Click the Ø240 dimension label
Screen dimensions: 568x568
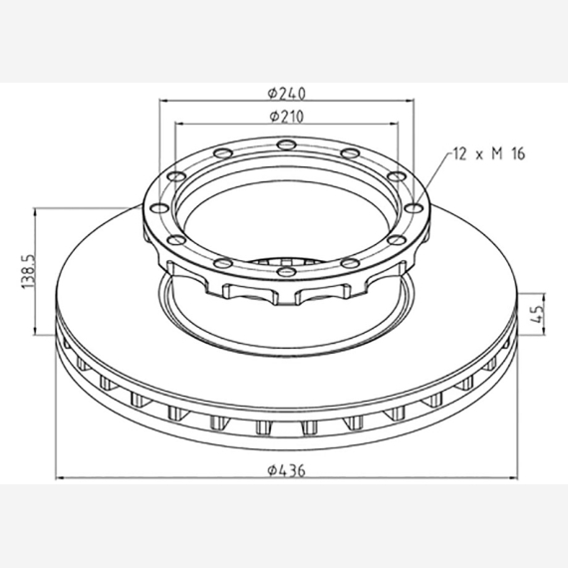[x=287, y=94]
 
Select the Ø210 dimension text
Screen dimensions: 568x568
[x=287, y=117]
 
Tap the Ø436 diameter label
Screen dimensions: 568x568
[x=287, y=470]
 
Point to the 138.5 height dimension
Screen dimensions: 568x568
[x=29, y=271]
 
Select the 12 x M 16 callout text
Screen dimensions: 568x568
[x=489, y=153]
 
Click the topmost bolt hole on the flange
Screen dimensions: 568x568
[x=286, y=144]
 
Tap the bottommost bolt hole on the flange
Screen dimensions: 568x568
[x=286, y=271]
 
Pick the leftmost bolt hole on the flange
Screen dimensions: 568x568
[x=159, y=208]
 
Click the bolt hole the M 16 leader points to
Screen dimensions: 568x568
[x=414, y=208]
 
